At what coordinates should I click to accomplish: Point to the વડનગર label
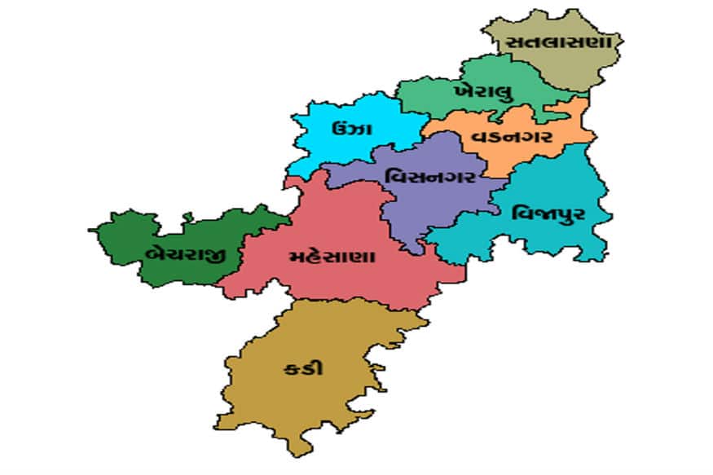click(512, 136)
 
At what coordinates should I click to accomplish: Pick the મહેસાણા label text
click(332, 257)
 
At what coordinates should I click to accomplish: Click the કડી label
click(303, 367)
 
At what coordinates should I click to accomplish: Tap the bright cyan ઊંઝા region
click(326, 151)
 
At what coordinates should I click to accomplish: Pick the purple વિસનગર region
click(416, 212)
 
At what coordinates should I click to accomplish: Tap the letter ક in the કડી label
click(293, 367)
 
